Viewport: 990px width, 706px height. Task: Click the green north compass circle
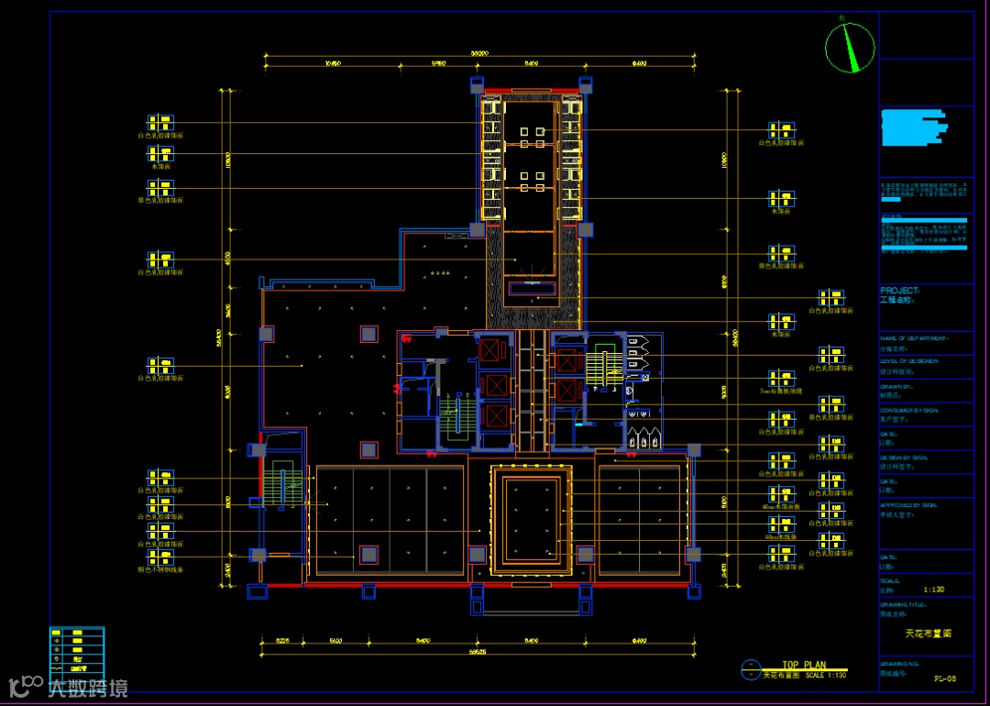850,47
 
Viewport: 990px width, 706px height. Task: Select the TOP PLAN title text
803,665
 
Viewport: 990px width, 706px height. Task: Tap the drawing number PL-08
945,678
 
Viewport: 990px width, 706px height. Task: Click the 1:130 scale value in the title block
934,590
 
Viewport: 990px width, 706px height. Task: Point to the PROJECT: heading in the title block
899,290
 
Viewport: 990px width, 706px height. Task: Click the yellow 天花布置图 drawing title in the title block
928,634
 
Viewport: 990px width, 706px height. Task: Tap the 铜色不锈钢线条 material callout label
160,569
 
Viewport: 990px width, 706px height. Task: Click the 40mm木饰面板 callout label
781,505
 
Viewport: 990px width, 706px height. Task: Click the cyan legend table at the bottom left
76,652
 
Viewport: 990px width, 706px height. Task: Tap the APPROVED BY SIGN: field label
907,505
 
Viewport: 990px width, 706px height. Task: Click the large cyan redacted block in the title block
913,128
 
